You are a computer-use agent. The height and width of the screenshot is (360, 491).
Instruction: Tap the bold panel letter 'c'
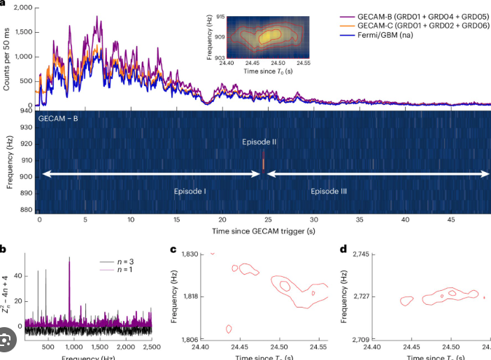(x=173, y=250)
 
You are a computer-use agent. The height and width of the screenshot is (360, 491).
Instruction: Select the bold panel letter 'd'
(x=343, y=250)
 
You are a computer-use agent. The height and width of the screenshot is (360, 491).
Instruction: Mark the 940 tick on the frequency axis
(x=24, y=110)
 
